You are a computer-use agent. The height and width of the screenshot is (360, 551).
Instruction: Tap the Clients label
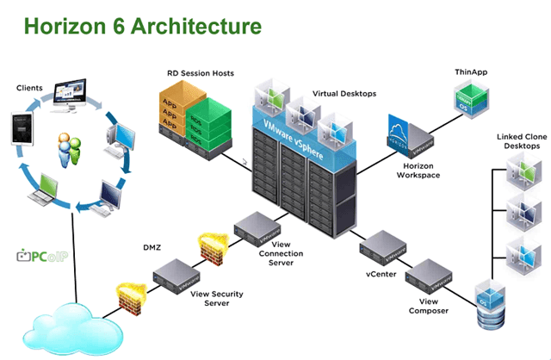click(x=32, y=88)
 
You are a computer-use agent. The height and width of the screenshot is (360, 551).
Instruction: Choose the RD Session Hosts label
click(x=201, y=73)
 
